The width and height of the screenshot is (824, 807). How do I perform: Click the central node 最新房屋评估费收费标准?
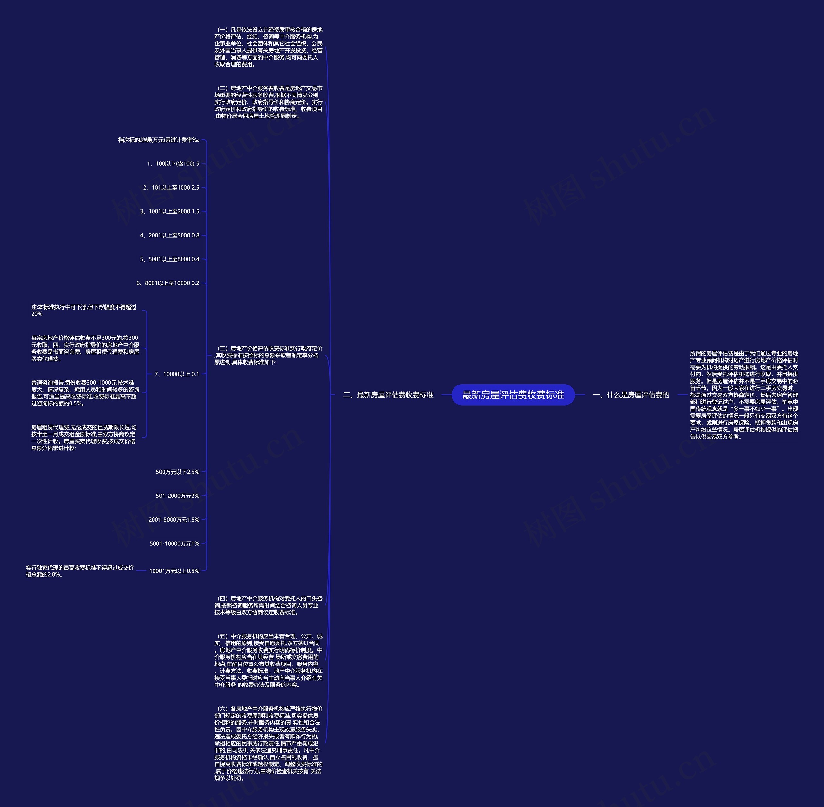coord(513,394)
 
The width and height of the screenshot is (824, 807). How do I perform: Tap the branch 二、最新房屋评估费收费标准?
coord(388,394)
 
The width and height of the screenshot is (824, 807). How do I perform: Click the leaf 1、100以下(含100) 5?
coord(173,163)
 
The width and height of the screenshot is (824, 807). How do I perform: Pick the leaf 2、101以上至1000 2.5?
coord(171,187)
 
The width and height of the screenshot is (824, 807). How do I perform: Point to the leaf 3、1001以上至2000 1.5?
coord(170,211)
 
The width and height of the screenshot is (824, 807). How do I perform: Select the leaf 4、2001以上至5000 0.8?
coord(170,235)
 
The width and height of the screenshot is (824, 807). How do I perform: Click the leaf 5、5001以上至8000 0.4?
coord(170,259)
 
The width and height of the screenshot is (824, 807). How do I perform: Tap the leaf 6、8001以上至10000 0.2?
coord(168,283)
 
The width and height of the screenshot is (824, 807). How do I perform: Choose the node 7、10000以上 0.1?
coord(176,374)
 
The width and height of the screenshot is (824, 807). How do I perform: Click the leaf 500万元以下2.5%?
coord(177,472)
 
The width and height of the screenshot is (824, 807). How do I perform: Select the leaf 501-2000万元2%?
coord(177,496)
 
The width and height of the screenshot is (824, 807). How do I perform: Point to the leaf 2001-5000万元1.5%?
coord(174,520)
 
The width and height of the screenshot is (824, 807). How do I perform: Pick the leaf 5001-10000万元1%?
coord(174,543)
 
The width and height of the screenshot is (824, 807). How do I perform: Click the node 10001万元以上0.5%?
coord(174,571)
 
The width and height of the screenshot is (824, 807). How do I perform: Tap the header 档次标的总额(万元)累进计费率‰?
coord(159,140)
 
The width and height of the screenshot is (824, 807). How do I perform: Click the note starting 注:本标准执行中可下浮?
coord(84,310)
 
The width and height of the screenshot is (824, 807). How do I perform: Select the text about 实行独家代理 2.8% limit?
coord(80,571)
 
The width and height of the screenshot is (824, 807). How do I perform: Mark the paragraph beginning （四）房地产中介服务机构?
coord(268,605)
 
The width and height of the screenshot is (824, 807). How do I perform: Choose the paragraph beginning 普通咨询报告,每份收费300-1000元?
coord(85,393)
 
